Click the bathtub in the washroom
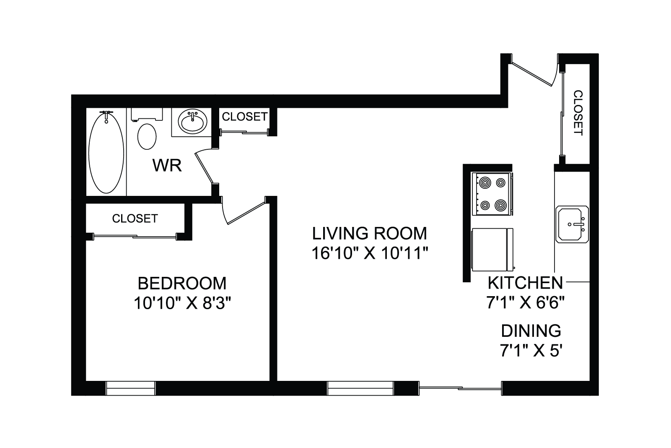click(x=106, y=153)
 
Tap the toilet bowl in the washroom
click(x=147, y=136)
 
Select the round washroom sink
click(x=192, y=122)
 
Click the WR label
click(x=167, y=166)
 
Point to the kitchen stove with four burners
click(x=492, y=194)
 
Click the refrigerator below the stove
click(x=492, y=250)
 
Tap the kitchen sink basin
click(x=572, y=224)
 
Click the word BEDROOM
click(x=182, y=284)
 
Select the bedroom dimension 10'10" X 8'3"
click(x=182, y=303)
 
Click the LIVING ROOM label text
click(x=370, y=234)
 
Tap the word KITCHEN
click(x=526, y=282)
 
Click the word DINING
click(x=531, y=331)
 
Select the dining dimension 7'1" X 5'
click(x=529, y=350)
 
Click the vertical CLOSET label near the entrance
click(x=578, y=113)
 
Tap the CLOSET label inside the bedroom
click(x=135, y=219)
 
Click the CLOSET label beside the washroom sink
click(x=245, y=117)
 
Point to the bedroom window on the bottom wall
click(x=131, y=388)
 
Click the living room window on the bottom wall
click(x=360, y=388)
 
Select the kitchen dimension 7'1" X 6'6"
click(x=526, y=302)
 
